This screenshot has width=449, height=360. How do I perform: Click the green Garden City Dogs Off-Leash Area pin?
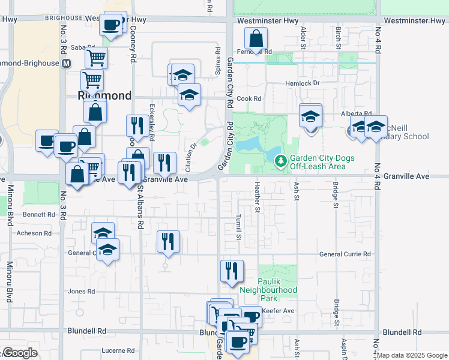(280, 161)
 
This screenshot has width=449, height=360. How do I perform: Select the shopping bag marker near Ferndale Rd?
(256, 40)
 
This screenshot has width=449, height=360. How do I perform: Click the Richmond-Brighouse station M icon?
(65, 63)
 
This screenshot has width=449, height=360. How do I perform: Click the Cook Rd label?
(249, 98)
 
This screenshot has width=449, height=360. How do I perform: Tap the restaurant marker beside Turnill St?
(231, 271)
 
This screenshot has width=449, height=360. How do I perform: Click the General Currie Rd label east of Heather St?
(345, 254)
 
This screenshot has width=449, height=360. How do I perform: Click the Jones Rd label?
(82, 292)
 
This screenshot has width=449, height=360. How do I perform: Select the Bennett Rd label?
(38, 214)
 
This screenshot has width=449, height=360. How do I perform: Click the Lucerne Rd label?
(118, 350)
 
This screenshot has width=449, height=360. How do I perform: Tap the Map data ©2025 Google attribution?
(412, 355)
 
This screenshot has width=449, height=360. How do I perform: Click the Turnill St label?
(238, 227)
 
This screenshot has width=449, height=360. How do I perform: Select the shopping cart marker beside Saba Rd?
(96, 58)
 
